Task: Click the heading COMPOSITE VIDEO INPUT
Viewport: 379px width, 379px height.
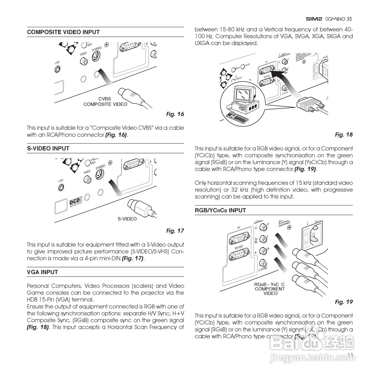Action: [63, 32]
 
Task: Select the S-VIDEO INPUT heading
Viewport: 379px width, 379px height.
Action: [48, 149]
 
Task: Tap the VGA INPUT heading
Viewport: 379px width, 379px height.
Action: [43, 272]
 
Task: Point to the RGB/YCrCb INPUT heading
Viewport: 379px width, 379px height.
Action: [220, 211]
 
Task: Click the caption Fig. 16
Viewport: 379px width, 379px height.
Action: [175, 114]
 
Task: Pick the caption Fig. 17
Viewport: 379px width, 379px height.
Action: [175, 231]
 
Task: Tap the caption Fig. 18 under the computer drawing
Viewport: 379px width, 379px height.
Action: [344, 135]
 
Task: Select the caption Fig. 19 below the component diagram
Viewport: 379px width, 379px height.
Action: [344, 302]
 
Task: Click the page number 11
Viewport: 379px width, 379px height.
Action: [350, 355]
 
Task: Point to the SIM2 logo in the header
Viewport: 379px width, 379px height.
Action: [314, 19]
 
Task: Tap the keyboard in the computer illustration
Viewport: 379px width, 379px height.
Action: [237, 117]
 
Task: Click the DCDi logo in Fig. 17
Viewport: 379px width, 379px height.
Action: [75, 202]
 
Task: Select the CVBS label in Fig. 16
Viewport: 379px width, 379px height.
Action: [105, 99]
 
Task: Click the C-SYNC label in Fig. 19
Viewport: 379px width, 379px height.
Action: [263, 268]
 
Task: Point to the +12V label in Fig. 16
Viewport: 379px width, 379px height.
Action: [57, 62]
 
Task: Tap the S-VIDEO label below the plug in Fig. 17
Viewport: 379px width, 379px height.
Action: [127, 219]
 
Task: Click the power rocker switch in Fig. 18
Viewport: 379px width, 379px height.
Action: [317, 70]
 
